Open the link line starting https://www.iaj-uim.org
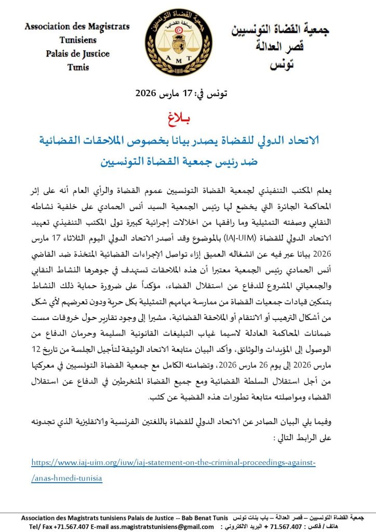(173, 462)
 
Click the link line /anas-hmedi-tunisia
(66, 478)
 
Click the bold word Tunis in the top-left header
(77, 67)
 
